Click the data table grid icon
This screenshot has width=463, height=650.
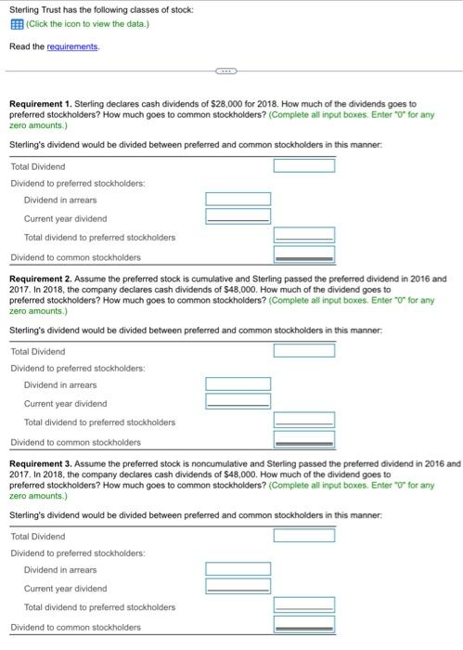tap(14, 24)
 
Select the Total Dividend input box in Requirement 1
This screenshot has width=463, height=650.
tap(303, 166)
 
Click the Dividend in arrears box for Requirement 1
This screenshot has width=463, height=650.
tap(238, 200)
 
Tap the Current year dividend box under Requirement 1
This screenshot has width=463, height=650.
tap(238, 217)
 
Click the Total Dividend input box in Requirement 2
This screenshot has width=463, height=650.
tap(303, 351)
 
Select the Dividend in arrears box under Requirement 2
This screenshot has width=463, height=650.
tap(238, 384)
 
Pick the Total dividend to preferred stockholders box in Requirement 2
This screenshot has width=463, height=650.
tap(303, 422)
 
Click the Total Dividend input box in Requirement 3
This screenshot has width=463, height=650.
tap(303, 536)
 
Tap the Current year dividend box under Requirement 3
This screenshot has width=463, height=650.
tap(238, 588)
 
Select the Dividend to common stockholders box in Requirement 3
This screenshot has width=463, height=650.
tap(303, 627)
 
